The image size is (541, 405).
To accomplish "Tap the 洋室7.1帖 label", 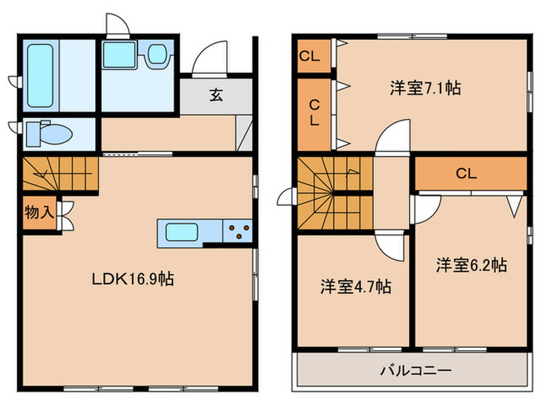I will coord(425,88).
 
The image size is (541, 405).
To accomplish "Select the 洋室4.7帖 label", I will coord(356,288).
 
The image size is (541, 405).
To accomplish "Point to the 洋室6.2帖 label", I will coord(471,265).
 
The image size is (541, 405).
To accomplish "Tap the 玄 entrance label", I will coord(216,96).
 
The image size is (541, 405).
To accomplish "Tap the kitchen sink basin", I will coord(180,231).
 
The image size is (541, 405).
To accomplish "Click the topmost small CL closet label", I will coord(309,56).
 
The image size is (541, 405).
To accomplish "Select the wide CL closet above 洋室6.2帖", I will coord(465,174).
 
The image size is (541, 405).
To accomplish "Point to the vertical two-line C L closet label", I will coord(315,113).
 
